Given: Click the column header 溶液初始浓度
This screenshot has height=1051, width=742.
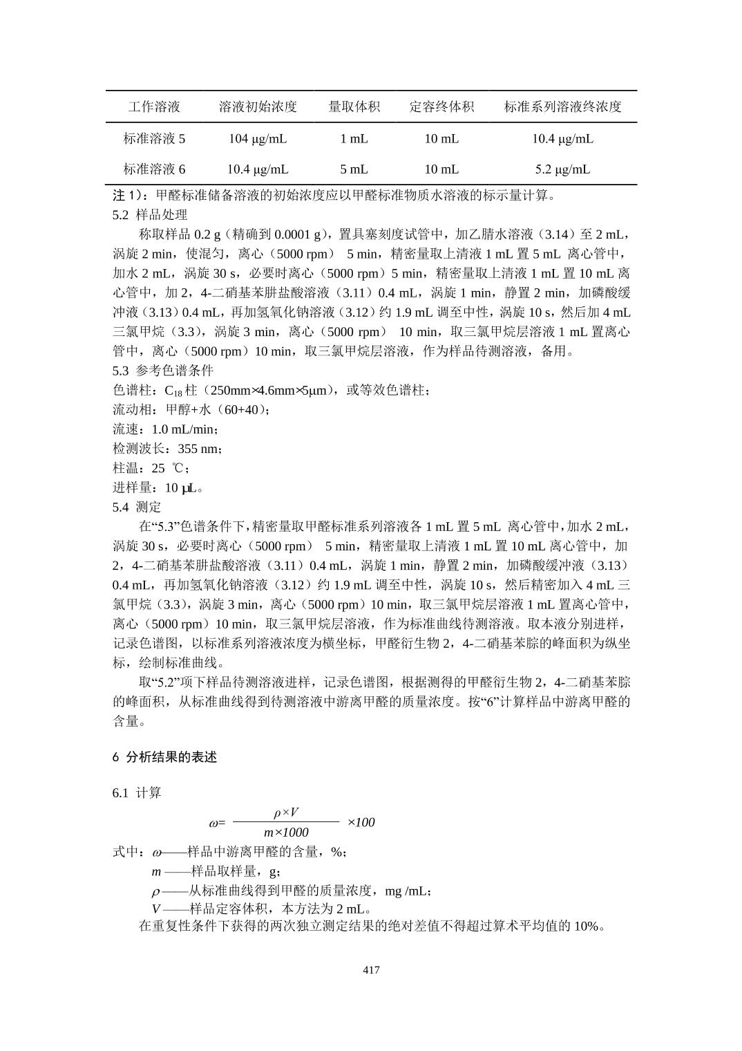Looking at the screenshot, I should tap(258, 106).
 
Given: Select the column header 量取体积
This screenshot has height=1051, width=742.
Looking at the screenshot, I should tap(354, 106).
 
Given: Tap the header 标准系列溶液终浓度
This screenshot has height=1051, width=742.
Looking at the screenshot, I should tap(562, 106).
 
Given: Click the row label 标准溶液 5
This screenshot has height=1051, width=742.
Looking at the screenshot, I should tap(154, 138).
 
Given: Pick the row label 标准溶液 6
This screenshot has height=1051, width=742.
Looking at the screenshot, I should tap(154, 169).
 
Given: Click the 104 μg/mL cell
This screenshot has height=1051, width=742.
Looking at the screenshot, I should tap(258, 138).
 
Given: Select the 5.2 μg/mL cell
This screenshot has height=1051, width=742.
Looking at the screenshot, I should tap(562, 169).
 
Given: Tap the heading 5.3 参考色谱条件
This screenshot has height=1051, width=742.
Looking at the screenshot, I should tap(163, 370).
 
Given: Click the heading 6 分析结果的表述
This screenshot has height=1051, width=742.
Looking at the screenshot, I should tap(164, 757).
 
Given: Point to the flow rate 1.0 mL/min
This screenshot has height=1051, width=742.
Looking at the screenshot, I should tap(184, 429).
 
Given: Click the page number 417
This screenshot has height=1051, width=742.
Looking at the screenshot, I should tap(371, 970).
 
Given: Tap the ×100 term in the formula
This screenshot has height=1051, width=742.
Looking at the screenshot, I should tap(361, 822).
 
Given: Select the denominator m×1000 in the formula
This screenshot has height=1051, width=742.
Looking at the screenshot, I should tap(286, 833).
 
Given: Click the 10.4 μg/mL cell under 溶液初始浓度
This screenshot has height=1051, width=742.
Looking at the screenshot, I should tap(258, 169).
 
